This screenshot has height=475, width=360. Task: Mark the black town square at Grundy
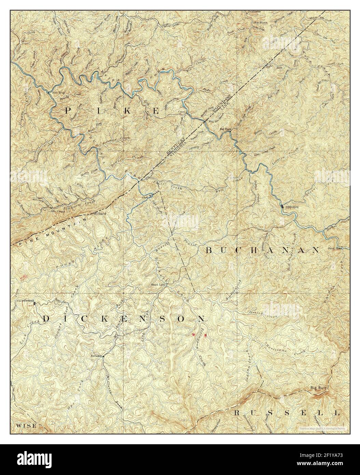coord(282,207)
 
